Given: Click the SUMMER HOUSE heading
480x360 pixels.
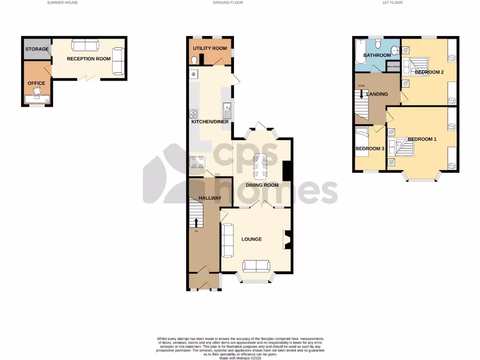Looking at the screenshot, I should coord(62,2).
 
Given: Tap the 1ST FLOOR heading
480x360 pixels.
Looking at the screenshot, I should coord(392,2).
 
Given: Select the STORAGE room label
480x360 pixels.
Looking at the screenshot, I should coord(37,49).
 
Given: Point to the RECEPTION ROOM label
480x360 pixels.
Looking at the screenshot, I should coord(89,59).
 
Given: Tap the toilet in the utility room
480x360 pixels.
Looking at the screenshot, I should coord(194,60).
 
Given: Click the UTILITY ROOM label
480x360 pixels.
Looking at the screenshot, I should coord(210,48).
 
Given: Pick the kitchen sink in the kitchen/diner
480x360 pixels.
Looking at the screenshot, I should coord(226,111).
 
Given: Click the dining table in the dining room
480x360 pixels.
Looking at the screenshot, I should coord(260,166).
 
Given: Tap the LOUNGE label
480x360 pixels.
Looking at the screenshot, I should coord(251,239).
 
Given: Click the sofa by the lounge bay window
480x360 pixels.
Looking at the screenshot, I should coord(256,266).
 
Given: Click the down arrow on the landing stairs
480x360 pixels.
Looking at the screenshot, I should coord(361,93).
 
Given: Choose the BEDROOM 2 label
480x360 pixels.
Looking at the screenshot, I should coord(429,72).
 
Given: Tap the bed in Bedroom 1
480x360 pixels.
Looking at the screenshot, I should coord(405,148).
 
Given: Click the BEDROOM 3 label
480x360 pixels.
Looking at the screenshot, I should coord(370,149).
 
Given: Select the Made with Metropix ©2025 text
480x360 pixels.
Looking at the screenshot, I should coord(240,358).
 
